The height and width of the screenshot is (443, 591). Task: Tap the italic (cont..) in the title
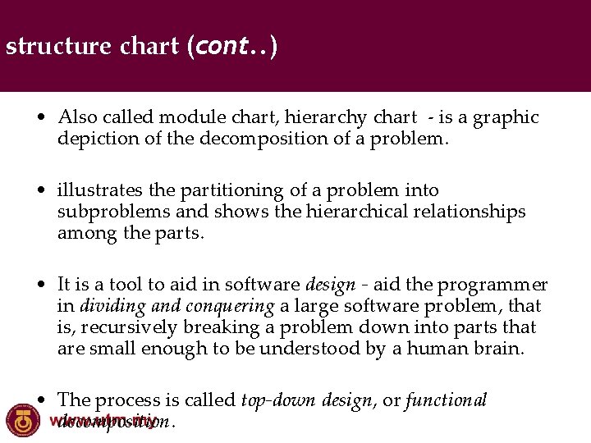tap(231, 46)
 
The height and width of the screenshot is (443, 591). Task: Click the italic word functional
tap(446, 400)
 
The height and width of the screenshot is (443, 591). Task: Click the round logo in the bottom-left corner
tap(23, 421)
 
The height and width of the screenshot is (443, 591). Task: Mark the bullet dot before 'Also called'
tap(40, 118)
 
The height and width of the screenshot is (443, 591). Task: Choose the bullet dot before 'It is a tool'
tap(40, 285)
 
